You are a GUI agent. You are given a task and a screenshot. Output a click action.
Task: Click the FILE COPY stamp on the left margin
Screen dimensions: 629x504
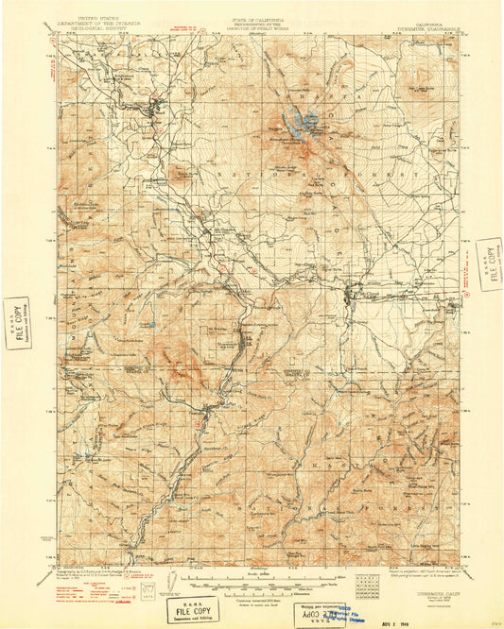[x=16, y=323]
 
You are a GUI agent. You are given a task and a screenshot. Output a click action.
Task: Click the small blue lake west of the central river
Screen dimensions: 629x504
[x=154, y=325]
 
